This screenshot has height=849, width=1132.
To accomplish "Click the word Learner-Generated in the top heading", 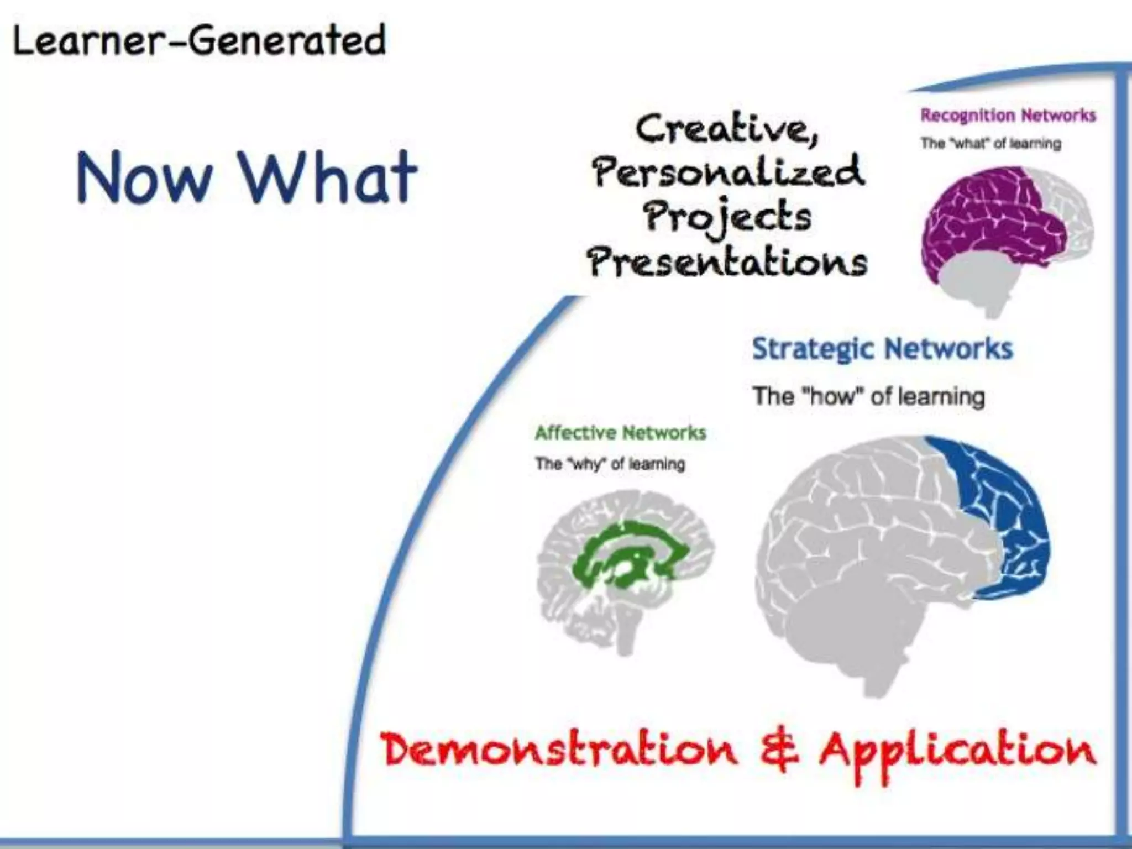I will coord(199,40).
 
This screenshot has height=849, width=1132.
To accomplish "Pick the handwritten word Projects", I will coord(727,217).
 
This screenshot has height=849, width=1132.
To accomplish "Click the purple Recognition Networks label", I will coord(1008,116).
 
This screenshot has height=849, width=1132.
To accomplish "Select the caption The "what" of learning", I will coord(990,144).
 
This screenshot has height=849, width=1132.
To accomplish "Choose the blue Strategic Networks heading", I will coord(883,349).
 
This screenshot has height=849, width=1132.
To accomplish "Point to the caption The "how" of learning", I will coord(868,397).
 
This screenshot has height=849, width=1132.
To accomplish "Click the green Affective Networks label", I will coord(620,433).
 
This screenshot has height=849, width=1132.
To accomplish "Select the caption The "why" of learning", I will coord(610,464).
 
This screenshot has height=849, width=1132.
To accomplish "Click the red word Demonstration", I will coord(558,751).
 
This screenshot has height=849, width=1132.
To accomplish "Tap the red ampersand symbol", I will coord(779,751).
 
